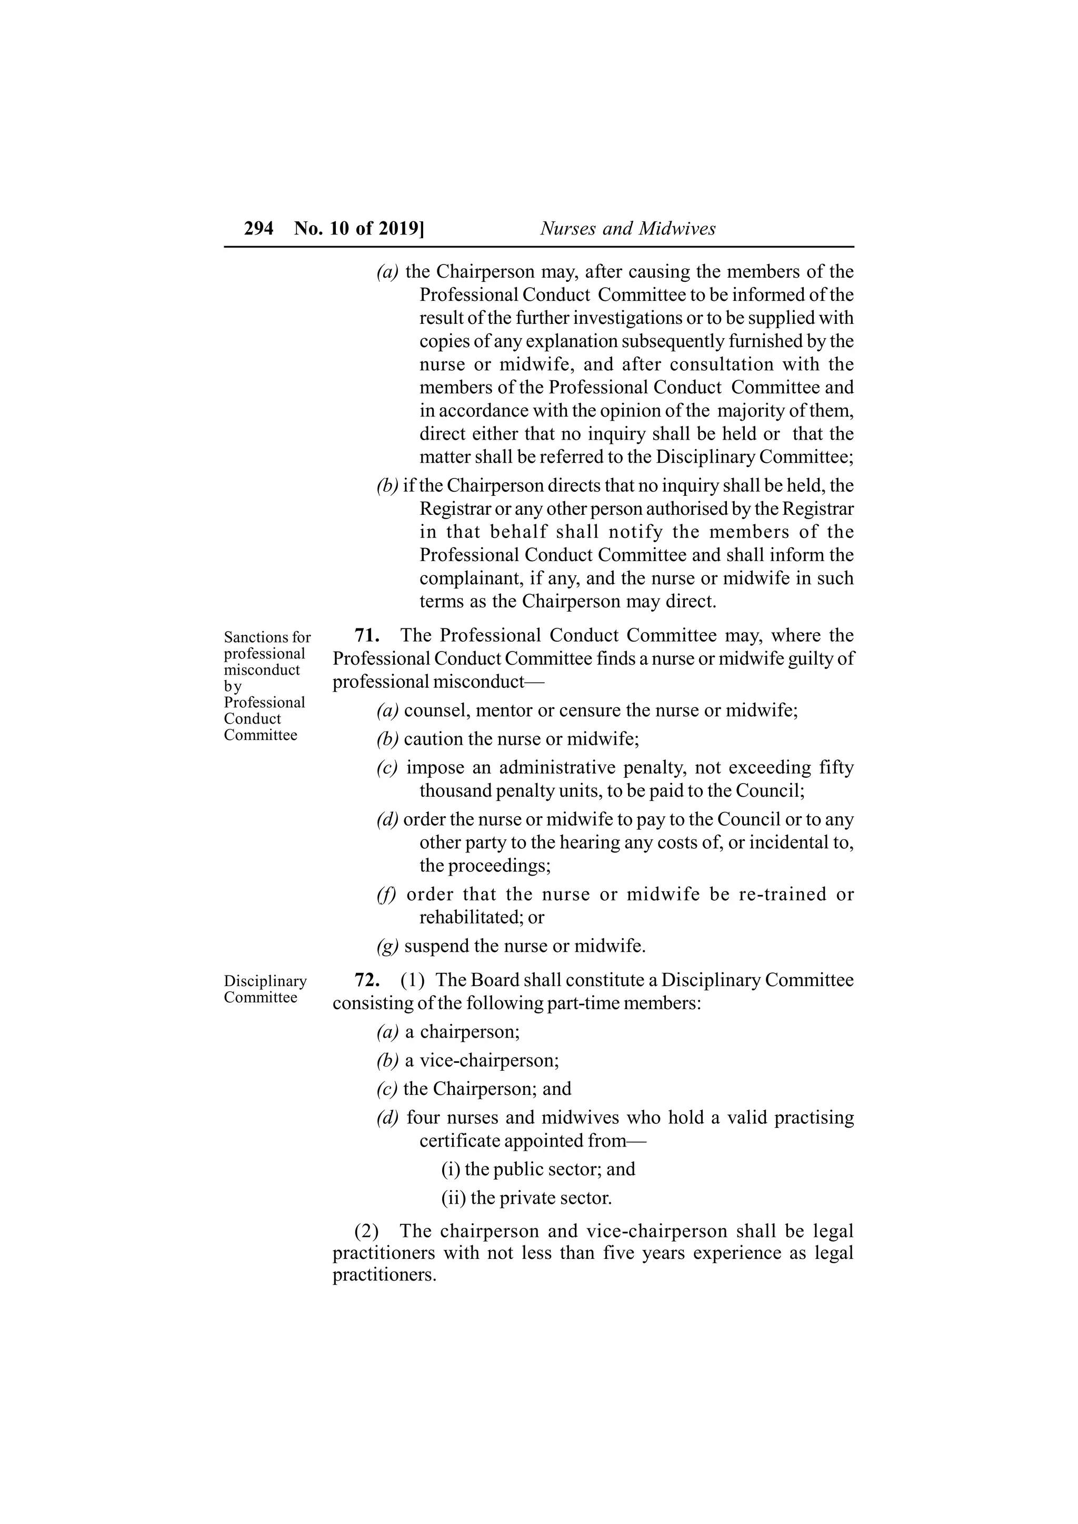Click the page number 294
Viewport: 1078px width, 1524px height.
point(258,228)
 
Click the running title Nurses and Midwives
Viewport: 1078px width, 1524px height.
point(627,228)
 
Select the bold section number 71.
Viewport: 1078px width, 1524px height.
point(367,635)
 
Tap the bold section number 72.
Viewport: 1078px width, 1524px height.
point(367,980)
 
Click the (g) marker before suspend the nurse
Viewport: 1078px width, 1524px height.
point(387,946)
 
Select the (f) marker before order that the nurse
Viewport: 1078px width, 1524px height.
point(386,894)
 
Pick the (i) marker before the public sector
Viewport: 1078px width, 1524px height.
point(451,1169)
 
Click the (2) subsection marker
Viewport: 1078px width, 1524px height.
point(366,1231)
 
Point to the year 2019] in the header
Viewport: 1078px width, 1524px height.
point(401,228)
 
